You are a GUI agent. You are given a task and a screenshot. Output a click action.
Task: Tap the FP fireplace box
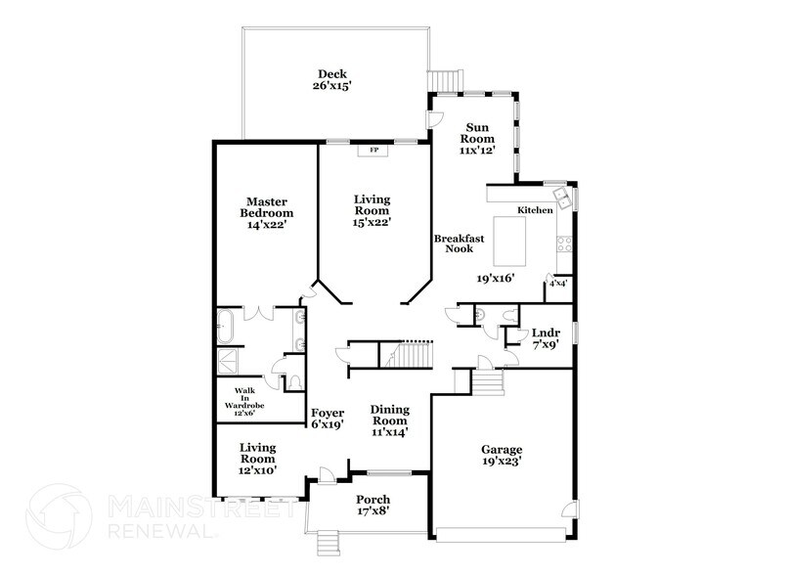pos(373,151)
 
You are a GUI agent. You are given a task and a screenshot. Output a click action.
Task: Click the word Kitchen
pos(535,210)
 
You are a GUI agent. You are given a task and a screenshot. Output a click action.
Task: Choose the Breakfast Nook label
pos(453,243)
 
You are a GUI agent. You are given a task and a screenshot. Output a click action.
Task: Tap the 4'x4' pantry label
pos(558,283)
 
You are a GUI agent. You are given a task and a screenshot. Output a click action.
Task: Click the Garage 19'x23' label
pos(501,457)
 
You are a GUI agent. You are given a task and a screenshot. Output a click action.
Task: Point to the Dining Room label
pos(389,420)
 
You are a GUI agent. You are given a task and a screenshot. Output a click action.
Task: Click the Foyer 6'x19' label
pos(328,420)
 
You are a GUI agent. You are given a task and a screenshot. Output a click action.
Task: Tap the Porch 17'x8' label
pos(372,506)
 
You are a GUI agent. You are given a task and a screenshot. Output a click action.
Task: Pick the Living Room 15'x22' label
pos(372,210)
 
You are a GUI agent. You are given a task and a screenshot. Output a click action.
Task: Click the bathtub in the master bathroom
pos(226,325)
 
